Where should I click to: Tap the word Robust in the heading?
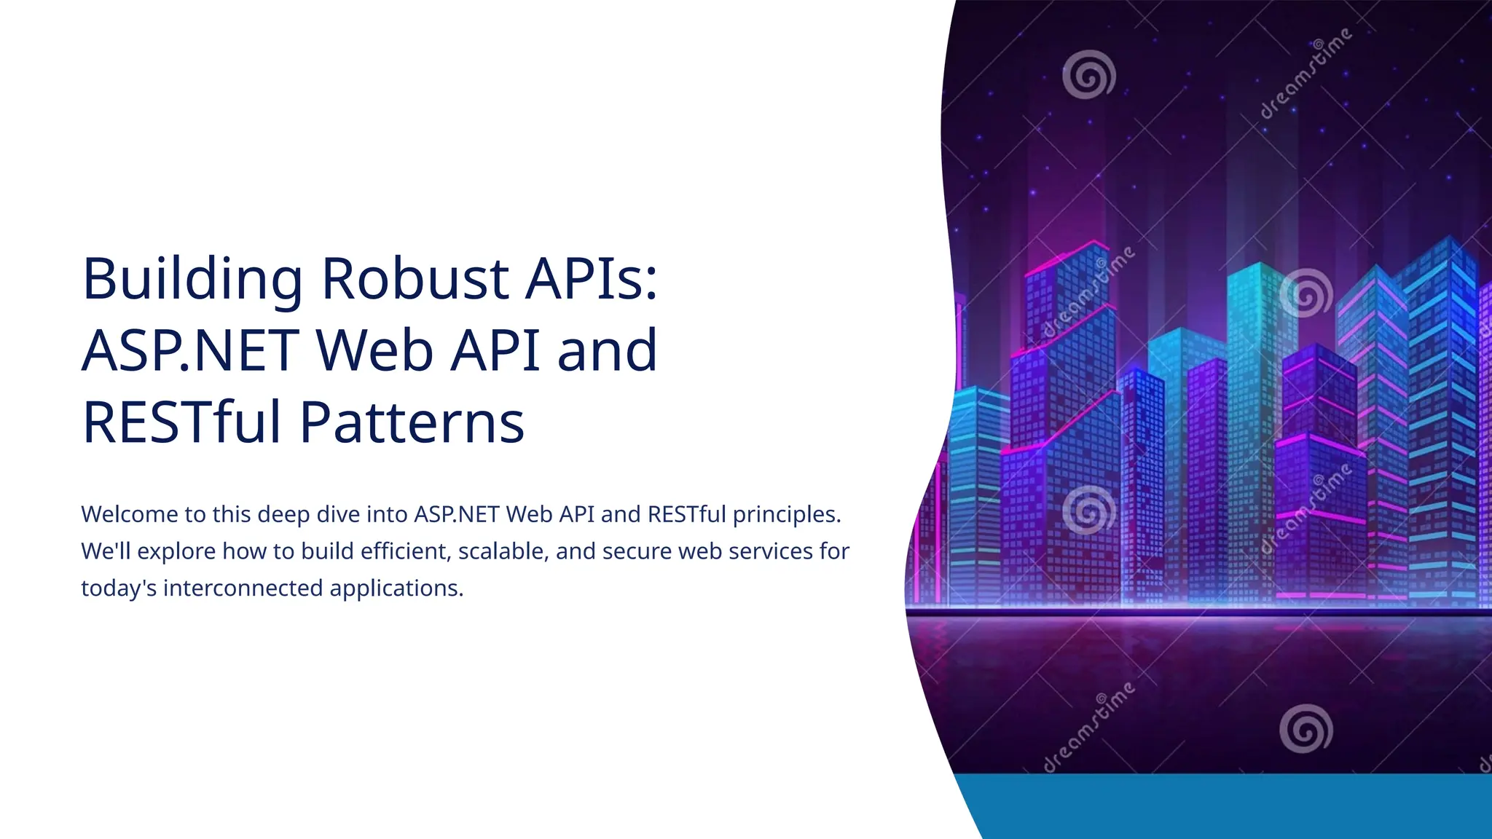tap(415, 279)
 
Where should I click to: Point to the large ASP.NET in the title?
tap(191, 351)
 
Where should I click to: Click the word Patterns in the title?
tap(412, 422)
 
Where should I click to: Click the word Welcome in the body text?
tap(129, 514)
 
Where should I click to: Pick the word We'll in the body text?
tap(106, 551)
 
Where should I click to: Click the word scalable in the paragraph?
tap(503, 551)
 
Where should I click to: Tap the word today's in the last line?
tap(119, 588)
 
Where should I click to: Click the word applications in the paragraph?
tap(396, 588)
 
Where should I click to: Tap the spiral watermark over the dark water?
tap(1305, 728)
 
